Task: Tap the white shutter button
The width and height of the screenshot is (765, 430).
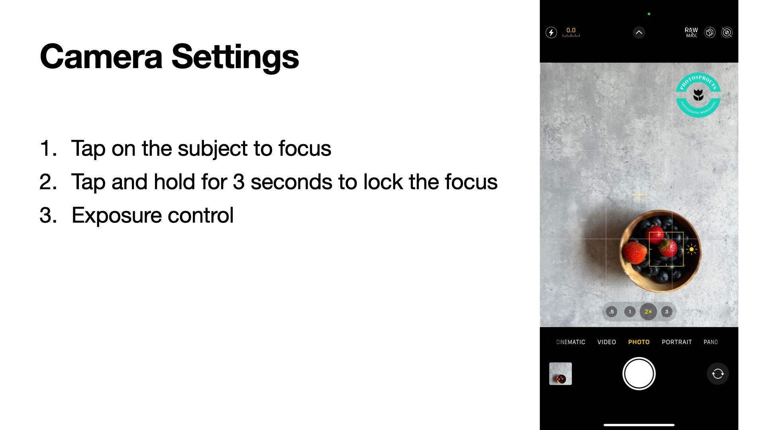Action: coord(639,373)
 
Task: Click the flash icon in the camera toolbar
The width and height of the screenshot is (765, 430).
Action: coord(551,32)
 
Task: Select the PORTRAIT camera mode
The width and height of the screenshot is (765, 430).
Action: coord(677,342)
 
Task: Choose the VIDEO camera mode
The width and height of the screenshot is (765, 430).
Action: coord(606,342)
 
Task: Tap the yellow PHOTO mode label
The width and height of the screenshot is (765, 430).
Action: coord(639,342)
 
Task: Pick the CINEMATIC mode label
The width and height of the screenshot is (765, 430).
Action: coord(571,342)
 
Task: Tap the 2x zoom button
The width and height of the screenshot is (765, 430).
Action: coord(648,312)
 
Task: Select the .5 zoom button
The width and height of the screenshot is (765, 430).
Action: coord(611,312)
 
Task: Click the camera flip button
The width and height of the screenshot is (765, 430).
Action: coord(718,373)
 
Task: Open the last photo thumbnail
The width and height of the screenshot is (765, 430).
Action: coord(560,373)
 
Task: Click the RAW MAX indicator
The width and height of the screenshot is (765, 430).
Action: coord(691,32)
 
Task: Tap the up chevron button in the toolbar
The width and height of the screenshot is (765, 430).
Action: coord(639,32)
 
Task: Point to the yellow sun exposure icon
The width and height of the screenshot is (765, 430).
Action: coord(691,249)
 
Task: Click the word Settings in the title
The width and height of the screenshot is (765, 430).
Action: coord(235,57)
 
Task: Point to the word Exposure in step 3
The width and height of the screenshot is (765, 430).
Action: coord(116,215)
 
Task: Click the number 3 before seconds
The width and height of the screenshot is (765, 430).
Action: coord(239,182)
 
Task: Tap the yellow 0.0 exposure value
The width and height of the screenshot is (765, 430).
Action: coord(571,30)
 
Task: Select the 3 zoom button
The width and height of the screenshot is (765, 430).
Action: coord(667,312)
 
